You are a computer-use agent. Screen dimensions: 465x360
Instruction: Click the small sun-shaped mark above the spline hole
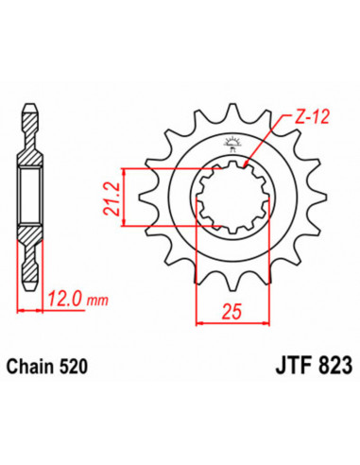coord(231,144)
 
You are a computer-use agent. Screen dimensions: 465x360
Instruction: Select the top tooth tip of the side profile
coord(32,101)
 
